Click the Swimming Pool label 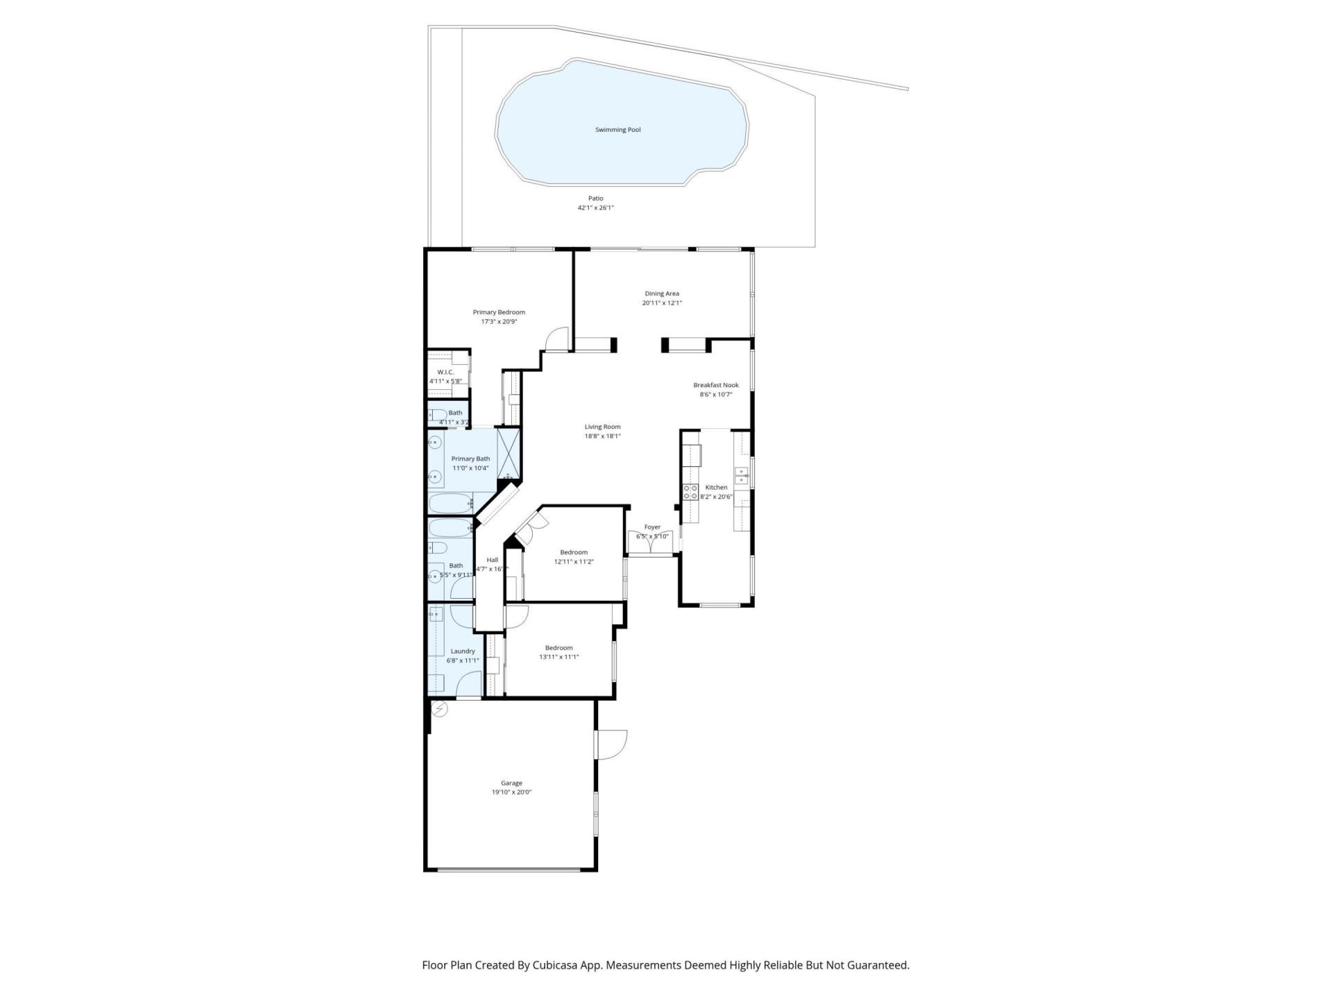(x=617, y=130)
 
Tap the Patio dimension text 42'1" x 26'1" (x=595, y=207)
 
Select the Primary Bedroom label (x=499, y=312)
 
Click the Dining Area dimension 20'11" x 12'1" (x=662, y=302)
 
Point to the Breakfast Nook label (x=716, y=385)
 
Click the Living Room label (x=602, y=427)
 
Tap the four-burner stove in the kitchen (x=691, y=492)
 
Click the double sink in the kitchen (x=741, y=475)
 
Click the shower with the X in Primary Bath (x=509, y=451)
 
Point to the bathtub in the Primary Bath (x=450, y=502)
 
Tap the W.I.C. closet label (x=445, y=373)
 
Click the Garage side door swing (x=612, y=744)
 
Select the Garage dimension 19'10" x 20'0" (x=511, y=792)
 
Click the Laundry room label (x=463, y=651)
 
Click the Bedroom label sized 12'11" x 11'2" (x=574, y=552)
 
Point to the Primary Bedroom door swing (x=557, y=339)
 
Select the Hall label (x=492, y=560)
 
